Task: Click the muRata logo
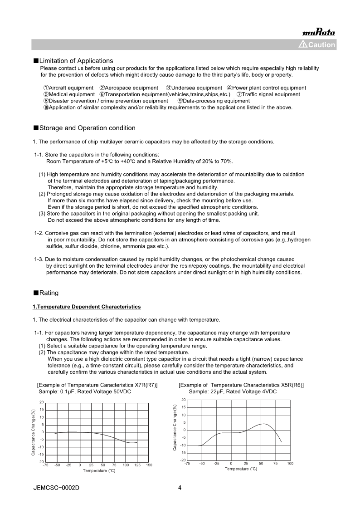[318, 32]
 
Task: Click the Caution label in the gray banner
[317, 44]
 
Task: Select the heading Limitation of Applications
[76, 61]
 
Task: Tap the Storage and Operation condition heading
[87, 128]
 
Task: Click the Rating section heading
[49, 293]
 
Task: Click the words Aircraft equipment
[68, 88]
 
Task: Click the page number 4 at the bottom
[180, 488]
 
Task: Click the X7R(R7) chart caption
[97, 385]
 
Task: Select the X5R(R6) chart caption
[241, 385]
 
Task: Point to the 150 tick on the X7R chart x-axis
[149, 465]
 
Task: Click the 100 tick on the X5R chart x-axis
[290, 463]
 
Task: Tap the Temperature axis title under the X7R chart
[99, 471]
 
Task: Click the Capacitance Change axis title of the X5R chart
[175, 428]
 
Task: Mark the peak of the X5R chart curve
[263, 424]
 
